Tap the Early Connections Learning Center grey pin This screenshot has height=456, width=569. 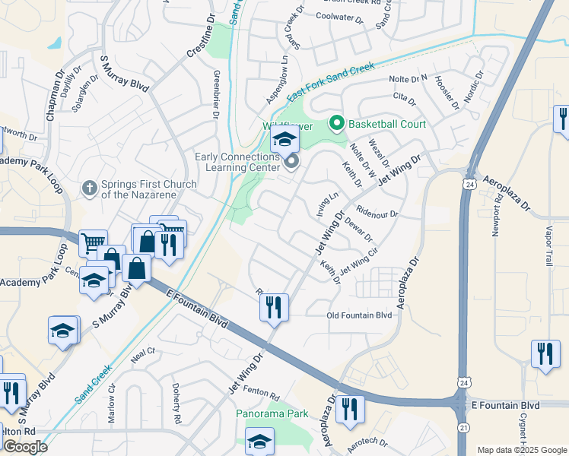pyautogui.click(x=291, y=162)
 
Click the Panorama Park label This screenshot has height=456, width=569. pyautogui.click(x=272, y=414)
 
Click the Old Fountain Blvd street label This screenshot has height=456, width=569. pyautogui.click(x=359, y=315)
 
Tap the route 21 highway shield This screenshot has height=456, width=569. pyautogui.click(x=463, y=429)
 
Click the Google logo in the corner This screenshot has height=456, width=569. pyautogui.click(x=26, y=447)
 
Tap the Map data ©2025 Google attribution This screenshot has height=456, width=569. pyautogui.click(x=521, y=450)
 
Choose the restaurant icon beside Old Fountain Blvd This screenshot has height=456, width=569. pyautogui.click(x=275, y=308)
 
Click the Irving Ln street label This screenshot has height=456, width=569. pyautogui.click(x=326, y=203)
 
